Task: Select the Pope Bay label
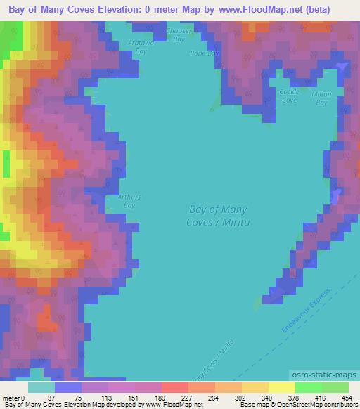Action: tap(202, 53)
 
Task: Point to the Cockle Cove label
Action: tap(289, 96)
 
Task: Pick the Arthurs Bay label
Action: tap(129, 201)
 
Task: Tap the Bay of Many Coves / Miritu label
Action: tap(218, 215)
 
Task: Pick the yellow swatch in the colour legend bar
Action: tap(281, 387)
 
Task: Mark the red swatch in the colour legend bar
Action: tap(174, 387)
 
